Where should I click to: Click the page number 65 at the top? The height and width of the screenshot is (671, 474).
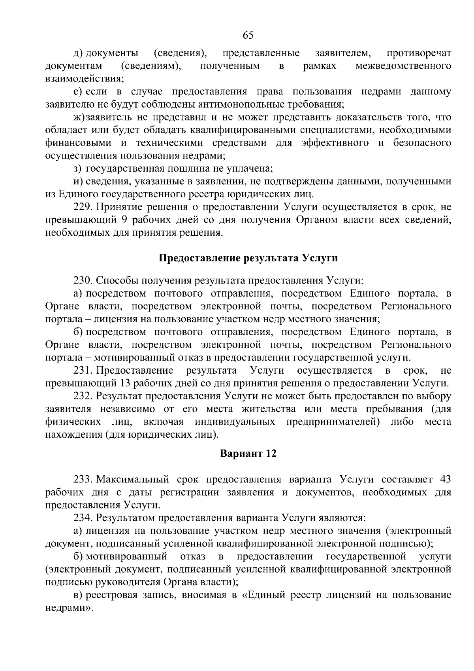248,36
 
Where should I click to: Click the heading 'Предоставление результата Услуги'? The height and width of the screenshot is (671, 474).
248,258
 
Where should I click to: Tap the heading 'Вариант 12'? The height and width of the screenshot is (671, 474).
248,454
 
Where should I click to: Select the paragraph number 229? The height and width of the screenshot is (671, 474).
83,207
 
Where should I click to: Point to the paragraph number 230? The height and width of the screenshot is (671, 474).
83,281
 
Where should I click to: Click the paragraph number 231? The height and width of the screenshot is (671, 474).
83,370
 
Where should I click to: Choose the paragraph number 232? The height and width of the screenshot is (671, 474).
83,396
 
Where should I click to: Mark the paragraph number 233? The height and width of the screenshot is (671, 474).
83,480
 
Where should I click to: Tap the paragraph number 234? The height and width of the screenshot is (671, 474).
83,518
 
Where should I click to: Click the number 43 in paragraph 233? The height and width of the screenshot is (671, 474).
445,480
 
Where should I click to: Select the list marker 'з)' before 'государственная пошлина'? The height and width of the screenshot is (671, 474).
77,169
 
